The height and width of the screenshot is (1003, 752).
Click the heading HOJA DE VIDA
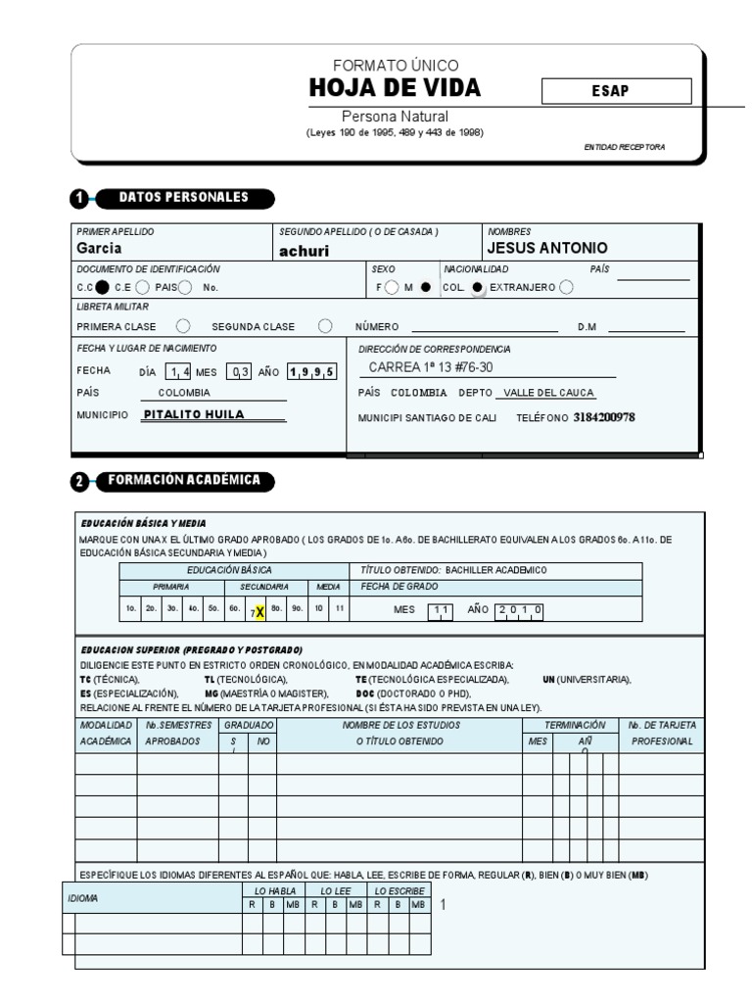395,89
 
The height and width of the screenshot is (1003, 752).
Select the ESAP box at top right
616,91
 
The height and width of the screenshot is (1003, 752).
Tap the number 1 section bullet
79,199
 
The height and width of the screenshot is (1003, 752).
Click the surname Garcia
99,248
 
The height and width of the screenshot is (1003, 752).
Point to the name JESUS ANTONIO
547,248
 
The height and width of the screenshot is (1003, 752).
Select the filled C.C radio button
102,287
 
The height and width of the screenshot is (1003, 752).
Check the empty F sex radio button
392,287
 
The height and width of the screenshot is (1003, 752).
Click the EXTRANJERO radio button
566,287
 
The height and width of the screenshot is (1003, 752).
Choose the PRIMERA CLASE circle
182,326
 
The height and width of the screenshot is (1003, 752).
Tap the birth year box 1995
312,371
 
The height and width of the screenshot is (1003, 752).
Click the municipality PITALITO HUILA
194,414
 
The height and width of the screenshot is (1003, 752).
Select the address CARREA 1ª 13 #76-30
431,368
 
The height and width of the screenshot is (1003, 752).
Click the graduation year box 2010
520,609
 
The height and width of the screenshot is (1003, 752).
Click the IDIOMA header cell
81,897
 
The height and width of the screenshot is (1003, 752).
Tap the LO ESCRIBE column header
399,890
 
